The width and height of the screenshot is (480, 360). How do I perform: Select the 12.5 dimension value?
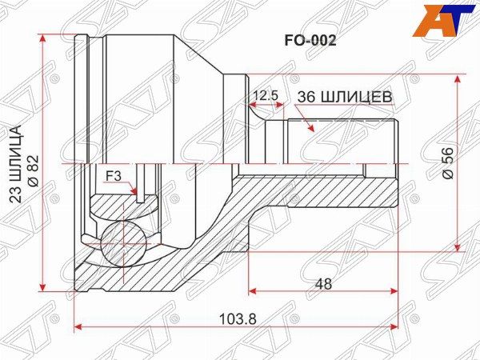coord(265,95)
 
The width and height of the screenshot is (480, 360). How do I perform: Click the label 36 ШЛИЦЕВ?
coord(344,96)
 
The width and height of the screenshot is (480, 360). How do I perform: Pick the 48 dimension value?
coord(323,283)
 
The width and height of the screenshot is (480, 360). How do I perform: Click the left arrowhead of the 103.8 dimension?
coord(77,326)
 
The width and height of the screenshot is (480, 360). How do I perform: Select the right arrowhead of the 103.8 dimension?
coord(395,326)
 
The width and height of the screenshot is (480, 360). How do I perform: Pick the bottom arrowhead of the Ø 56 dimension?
coord(456,248)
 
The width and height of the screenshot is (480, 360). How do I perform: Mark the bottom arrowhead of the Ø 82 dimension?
coord(46,289)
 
